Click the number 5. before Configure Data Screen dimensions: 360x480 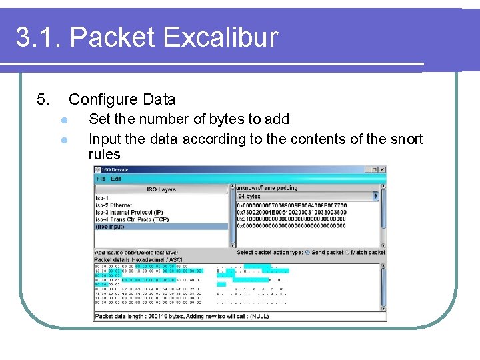[43, 100]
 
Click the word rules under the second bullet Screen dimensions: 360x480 [105, 155]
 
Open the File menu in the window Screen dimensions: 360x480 [101, 179]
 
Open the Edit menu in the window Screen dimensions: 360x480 [116, 179]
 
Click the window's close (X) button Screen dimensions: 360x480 [382, 170]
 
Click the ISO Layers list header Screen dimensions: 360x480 [161, 189]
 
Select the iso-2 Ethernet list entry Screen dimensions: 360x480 [114, 205]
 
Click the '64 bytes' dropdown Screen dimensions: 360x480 [308, 197]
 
